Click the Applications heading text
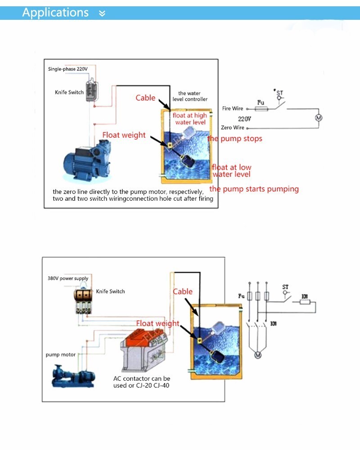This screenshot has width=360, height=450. [55, 12]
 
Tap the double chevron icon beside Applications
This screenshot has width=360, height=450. [102, 13]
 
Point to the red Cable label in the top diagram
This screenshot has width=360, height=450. [145, 98]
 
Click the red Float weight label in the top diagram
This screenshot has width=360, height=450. [124, 135]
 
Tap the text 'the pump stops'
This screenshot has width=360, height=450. [234, 139]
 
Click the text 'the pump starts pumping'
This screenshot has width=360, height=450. [254, 189]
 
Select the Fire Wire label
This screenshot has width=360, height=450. [233, 108]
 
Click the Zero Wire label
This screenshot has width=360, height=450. [233, 128]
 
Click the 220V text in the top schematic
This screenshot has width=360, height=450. [244, 119]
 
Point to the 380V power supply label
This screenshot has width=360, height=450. [68, 279]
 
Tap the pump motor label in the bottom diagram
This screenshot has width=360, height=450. [61, 355]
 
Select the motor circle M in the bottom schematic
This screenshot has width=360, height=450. [258, 355]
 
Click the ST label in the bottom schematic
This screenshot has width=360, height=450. [285, 287]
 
